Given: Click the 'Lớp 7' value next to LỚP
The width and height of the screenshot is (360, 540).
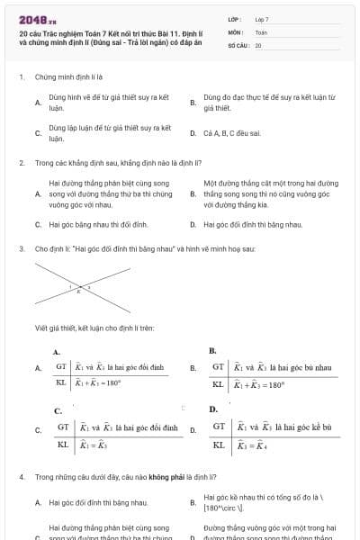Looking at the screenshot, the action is (262, 19).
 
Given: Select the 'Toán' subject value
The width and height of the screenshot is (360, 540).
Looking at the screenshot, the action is (261, 31).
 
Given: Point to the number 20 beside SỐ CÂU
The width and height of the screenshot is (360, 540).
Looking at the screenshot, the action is (258, 44).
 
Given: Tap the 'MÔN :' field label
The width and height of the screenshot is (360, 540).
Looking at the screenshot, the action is (236, 31).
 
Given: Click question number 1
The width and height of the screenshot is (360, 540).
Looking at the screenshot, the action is (21, 77).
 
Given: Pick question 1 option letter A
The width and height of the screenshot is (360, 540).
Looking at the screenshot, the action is (38, 103).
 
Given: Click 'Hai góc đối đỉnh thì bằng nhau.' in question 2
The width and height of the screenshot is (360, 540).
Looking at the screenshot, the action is (253, 223).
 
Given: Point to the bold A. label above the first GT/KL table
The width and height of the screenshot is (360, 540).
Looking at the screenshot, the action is (57, 352).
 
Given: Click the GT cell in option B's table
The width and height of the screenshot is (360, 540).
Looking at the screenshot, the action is (219, 367).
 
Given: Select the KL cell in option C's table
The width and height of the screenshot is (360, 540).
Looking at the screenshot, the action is (63, 444).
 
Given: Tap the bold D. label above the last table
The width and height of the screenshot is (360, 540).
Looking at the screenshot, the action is (213, 410).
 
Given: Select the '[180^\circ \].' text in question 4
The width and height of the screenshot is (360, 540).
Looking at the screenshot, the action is (219, 508).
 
